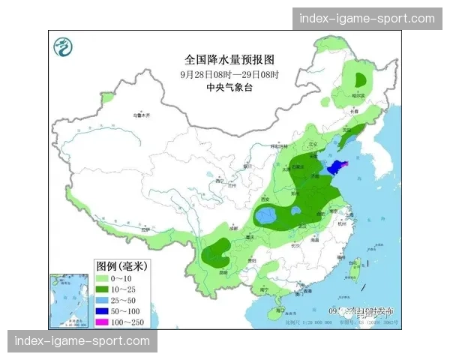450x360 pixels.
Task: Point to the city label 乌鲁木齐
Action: pyautogui.click(x=141, y=115)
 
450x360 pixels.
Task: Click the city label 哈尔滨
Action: pyautogui.click(x=362, y=95)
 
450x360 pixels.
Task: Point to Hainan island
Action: pyautogui.click(x=280, y=309)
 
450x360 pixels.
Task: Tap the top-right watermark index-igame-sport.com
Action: pyautogui.click(x=367, y=19)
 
